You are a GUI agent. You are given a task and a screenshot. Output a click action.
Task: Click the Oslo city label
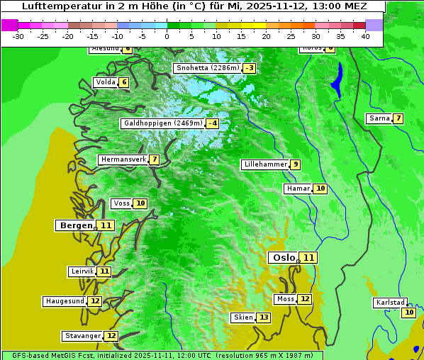(x=284, y=257)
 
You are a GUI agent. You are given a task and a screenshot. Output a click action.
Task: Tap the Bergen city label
(x=76, y=225)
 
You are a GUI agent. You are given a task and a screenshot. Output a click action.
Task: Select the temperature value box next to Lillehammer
(x=295, y=164)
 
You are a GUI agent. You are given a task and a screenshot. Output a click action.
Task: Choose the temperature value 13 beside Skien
(x=264, y=317)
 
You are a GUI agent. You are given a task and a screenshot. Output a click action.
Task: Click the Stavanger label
(x=83, y=336)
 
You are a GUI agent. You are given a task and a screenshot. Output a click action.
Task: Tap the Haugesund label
(x=65, y=301)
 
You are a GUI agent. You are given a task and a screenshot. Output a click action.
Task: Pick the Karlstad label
(x=391, y=303)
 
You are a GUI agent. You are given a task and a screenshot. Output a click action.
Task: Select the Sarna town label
(x=379, y=118)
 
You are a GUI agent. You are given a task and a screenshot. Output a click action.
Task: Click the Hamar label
(x=298, y=189)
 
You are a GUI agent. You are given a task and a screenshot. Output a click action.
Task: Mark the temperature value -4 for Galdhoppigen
(x=212, y=123)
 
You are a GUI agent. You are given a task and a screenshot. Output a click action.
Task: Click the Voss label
(x=122, y=203)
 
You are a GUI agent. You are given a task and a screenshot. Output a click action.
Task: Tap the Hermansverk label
(x=123, y=159)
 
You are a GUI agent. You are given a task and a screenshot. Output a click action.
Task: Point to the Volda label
(x=105, y=82)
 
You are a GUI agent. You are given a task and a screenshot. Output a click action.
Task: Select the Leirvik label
(x=82, y=271)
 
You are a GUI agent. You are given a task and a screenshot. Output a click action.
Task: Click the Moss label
(x=286, y=299)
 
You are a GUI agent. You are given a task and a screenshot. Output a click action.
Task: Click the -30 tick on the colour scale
(x=18, y=36)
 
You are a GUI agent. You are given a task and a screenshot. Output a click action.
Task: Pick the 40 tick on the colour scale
(x=365, y=36)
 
